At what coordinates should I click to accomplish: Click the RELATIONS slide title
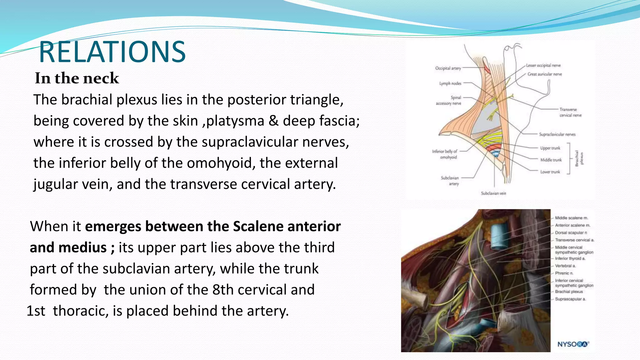(112, 52)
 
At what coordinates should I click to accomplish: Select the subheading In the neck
(77, 78)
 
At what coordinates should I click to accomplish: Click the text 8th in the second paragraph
(223, 290)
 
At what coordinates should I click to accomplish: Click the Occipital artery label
(448, 68)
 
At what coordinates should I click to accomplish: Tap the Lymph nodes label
(450, 83)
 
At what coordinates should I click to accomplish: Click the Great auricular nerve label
(544, 74)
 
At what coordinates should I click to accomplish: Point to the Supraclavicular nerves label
(557, 134)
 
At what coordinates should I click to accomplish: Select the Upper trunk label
(550, 148)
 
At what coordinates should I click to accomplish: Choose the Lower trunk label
(550, 172)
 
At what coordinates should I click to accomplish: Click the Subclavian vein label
(493, 193)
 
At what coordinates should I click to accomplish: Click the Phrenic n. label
(564, 273)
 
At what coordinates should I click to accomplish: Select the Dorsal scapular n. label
(571, 233)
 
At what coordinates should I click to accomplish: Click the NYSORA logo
(573, 344)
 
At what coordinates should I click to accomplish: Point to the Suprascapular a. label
(570, 299)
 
